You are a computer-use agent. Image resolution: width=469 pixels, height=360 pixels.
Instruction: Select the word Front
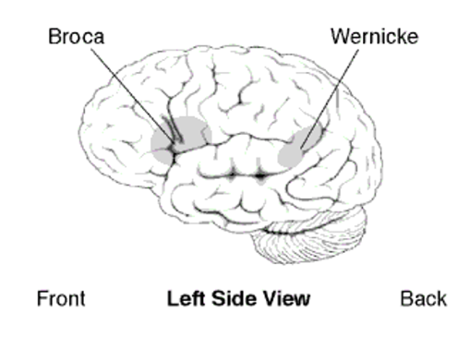[x=61, y=298]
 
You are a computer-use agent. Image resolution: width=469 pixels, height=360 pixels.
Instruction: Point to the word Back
[x=423, y=298]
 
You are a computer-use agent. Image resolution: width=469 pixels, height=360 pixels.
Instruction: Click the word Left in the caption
[x=183, y=298]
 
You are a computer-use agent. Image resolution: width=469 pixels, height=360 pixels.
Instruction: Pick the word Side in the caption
[x=234, y=298]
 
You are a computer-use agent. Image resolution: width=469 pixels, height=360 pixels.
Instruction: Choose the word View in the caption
[x=287, y=298]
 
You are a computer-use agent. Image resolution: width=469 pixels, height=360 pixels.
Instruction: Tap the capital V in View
[x=271, y=298]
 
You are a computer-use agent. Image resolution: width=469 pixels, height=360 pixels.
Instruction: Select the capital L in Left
[x=172, y=298]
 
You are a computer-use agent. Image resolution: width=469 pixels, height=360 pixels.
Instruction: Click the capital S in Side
[x=220, y=298]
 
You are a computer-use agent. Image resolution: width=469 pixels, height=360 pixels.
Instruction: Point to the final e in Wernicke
[x=412, y=37]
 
